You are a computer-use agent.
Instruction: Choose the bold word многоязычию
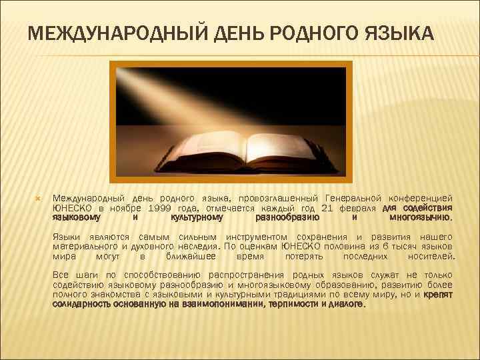pos(421,217)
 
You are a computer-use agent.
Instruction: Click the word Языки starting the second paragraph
pos(66,237)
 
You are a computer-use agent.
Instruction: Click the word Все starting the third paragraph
pos(60,275)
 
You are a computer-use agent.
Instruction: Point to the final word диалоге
pos(347,303)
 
